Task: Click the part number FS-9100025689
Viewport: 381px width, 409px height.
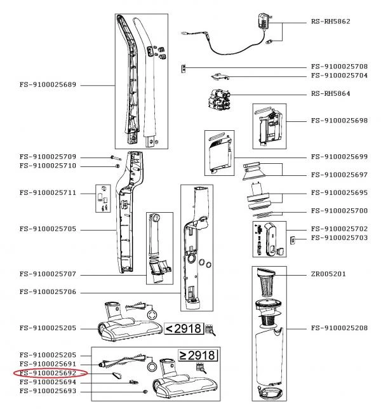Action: click(48, 84)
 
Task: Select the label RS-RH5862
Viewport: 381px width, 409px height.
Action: click(331, 21)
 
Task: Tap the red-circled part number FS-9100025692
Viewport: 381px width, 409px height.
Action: click(48, 373)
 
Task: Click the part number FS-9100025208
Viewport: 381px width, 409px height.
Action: click(339, 328)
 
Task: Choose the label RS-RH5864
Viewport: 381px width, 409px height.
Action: click(331, 93)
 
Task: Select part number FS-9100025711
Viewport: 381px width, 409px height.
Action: click(48, 192)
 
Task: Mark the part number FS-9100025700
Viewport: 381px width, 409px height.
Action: click(339, 210)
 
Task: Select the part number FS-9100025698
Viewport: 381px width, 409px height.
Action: click(339, 120)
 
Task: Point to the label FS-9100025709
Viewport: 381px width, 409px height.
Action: click(48, 156)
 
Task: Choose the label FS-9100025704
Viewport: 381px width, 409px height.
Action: click(339, 75)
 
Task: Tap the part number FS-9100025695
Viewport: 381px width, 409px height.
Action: click(339, 192)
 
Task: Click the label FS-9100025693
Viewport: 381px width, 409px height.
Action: click(48, 391)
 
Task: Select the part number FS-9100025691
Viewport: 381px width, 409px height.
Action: click(48, 364)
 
